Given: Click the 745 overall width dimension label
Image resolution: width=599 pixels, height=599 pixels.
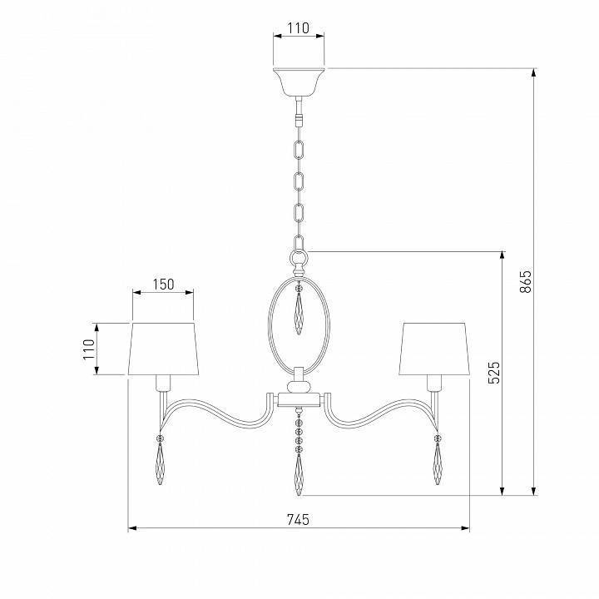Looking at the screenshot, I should point(298,519).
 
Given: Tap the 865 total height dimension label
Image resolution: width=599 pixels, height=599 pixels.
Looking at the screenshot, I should point(525,283).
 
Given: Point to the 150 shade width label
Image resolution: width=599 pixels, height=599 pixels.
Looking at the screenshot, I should point(163,284).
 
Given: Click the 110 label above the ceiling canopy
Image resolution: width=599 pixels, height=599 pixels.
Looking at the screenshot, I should point(298,27).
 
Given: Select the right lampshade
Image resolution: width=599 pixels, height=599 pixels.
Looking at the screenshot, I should point(434,347).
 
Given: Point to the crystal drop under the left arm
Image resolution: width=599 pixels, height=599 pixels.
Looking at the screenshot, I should point(159,463).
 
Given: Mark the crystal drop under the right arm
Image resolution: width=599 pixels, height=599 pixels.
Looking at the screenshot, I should point(438,463).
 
